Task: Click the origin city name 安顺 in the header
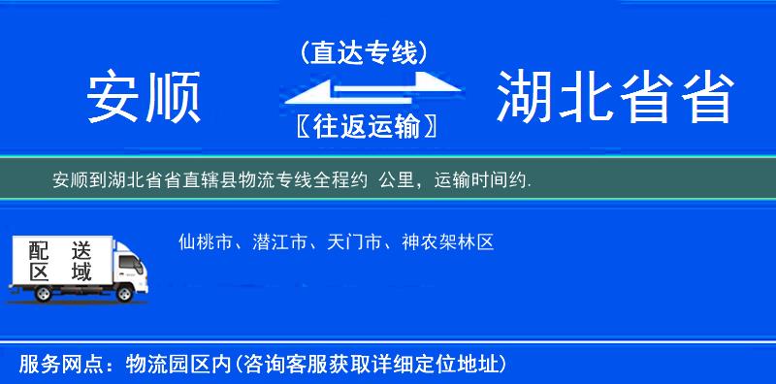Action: click(143, 98)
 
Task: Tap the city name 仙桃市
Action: click(204, 242)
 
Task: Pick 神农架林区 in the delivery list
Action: click(448, 242)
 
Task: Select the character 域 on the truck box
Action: click(81, 272)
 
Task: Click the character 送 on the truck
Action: click(81, 250)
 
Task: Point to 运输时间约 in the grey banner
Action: click(480, 180)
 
